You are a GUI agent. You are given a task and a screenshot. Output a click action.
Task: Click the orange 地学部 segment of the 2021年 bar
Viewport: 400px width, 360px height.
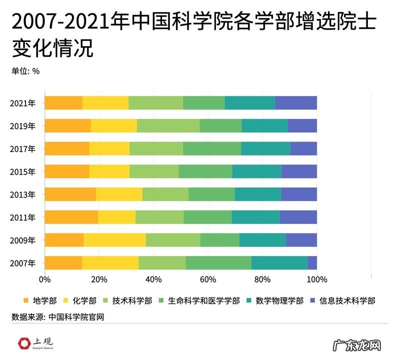coord(63,102)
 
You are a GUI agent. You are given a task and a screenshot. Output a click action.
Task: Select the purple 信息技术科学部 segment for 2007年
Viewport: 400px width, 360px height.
coord(312,263)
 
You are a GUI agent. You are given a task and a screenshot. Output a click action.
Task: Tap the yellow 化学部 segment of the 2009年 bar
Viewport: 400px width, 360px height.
coord(114,240)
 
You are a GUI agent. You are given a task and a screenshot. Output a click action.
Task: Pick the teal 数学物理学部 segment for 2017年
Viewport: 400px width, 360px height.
coord(265,148)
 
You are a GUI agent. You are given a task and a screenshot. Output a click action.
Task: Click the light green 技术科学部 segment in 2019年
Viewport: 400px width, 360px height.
coord(168,125)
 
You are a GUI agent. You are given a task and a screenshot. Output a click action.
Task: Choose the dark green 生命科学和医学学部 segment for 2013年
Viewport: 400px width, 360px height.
coord(211,194)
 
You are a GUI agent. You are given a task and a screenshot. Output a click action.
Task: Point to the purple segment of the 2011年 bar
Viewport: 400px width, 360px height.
coord(298,217)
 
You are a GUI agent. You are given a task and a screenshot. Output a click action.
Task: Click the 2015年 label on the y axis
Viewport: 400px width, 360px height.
coord(22,171)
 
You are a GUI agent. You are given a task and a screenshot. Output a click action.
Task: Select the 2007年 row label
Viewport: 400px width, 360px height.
coord(22,263)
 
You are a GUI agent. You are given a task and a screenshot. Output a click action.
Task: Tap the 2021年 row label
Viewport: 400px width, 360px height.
coord(22,103)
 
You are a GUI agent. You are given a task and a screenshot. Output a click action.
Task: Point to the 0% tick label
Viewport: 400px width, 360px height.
coord(44,279)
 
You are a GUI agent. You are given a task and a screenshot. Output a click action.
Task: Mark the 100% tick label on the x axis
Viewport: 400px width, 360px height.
coord(316,279)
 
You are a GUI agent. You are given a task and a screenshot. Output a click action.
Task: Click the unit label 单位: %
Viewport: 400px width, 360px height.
coord(25,70)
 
